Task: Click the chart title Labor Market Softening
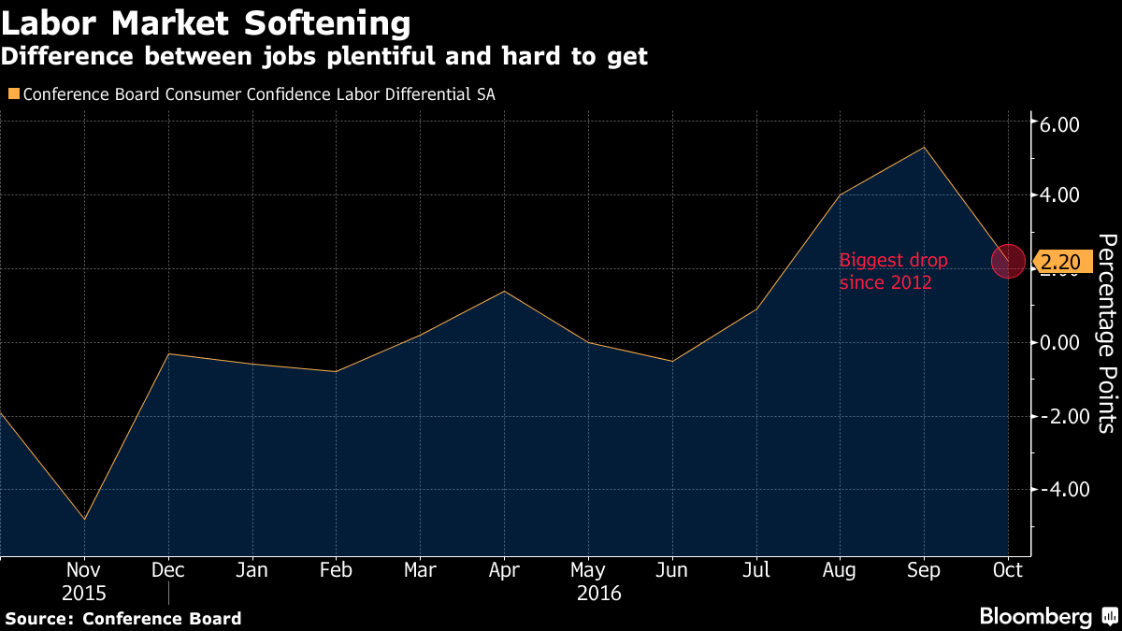click(206, 22)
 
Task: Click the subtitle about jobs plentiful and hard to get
click(324, 57)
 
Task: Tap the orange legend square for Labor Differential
click(12, 93)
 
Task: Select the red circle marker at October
click(1008, 261)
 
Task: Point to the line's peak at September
click(924, 148)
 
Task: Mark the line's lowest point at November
click(85, 519)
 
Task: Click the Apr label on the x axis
click(504, 570)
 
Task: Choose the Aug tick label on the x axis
click(840, 570)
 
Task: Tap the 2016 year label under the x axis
click(599, 593)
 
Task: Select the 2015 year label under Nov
click(84, 593)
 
